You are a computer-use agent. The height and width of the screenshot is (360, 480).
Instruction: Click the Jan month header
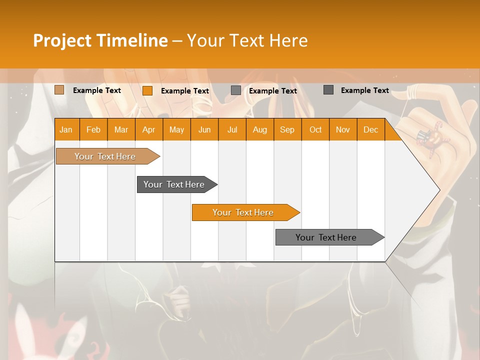click(66, 129)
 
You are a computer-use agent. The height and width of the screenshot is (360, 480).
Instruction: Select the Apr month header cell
click(149, 129)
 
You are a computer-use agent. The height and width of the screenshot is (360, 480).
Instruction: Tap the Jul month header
click(232, 129)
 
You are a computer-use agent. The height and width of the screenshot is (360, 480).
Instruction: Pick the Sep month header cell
click(287, 129)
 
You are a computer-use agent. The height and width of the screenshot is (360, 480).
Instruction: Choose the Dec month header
click(370, 129)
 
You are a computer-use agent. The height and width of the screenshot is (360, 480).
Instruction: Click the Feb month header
click(93, 129)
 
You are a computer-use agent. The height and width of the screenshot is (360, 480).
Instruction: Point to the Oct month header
click(315, 129)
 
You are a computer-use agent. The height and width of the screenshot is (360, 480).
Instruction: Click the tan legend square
click(59, 90)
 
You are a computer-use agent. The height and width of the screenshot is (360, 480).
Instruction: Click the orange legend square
click(147, 90)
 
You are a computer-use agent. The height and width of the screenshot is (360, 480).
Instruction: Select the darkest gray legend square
click(328, 90)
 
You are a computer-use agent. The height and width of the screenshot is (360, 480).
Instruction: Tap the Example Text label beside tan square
click(97, 90)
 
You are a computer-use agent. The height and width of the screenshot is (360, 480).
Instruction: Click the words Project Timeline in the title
click(100, 40)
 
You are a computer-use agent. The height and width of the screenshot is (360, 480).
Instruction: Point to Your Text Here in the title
click(247, 40)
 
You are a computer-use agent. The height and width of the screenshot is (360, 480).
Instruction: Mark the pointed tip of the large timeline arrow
click(439, 189)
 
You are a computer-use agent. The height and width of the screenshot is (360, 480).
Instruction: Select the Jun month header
click(204, 129)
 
